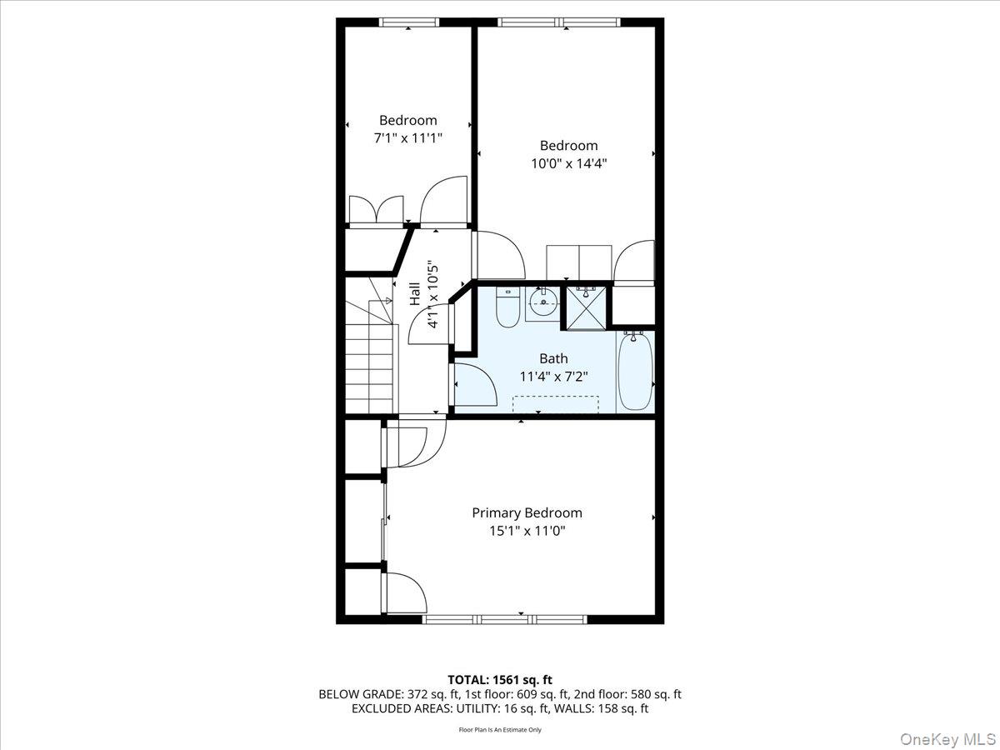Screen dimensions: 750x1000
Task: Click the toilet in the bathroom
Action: click(x=507, y=307)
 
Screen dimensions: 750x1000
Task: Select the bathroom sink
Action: click(x=542, y=303)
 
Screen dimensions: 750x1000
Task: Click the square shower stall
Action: click(x=587, y=307)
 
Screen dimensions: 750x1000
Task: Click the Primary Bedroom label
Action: click(x=527, y=512)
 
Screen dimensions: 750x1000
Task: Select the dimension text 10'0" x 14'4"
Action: click(x=568, y=164)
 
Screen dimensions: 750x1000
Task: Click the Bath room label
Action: click(x=553, y=358)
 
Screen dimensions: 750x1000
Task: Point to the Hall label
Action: click(x=415, y=294)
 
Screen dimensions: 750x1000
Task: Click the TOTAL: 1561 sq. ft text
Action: click(x=500, y=679)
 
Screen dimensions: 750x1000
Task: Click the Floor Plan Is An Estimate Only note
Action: click(x=500, y=730)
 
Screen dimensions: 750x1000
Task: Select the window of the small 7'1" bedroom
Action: click(x=408, y=22)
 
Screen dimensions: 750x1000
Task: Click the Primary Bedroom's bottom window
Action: click(x=504, y=619)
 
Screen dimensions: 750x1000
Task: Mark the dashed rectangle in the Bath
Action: click(x=556, y=403)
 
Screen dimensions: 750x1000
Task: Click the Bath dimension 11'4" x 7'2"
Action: click(x=553, y=377)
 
